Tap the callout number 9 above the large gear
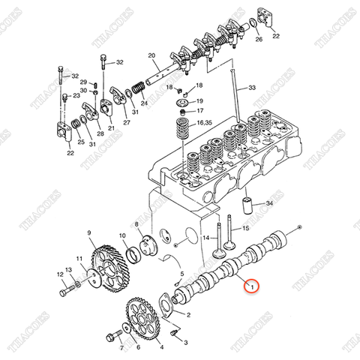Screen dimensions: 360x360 pyautogui.click(x=89, y=233)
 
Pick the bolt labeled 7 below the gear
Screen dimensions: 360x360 pyautogui.click(x=114, y=331)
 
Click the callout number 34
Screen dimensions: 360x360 pyautogui.click(x=270, y=203)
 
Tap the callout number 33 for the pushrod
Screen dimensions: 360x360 pyautogui.click(x=251, y=88)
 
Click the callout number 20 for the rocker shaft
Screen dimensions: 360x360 pyautogui.click(x=151, y=56)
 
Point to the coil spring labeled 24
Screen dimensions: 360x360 pyautogui.click(x=136, y=90)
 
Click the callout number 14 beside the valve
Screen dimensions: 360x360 pyautogui.click(x=205, y=238)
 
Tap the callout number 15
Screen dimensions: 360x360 pyautogui.click(x=244, y=227)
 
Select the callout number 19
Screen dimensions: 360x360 pyautogui.click(x=199, y=100)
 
